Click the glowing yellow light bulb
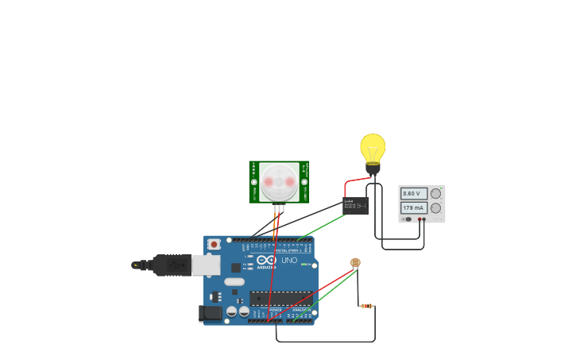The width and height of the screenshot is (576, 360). click(x=373, y=148)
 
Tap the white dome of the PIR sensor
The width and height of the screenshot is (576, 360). click(x=279, y=181)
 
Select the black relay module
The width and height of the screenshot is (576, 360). click(x=356, y=206)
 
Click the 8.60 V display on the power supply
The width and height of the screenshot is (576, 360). click(x=414, y=193)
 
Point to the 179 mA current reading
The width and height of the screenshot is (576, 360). click(x=414, y=208)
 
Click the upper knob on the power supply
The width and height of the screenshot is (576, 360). click(x=435, y=193)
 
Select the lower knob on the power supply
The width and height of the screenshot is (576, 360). click(x=435, y=208)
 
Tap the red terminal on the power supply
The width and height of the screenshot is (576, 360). click(x=423, y=219)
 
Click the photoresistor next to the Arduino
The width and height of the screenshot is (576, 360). click(x=355, y=262)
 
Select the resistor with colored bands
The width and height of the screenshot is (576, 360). click(x=366, y=306)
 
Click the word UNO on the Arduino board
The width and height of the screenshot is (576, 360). click(x=289, y=261)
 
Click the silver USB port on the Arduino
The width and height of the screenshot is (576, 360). click(x=206, y=265)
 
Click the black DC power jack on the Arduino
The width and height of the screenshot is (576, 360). click(x=211, y=313)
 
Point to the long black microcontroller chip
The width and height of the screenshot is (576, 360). click(x=281, y=298)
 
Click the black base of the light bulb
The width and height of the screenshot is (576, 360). click(x=373, y=168)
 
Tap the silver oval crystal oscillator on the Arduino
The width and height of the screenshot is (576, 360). click(x=234, y=281)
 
